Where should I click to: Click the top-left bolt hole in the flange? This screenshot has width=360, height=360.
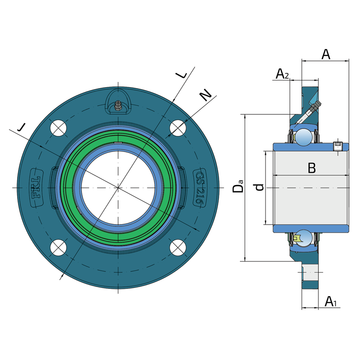tap(58, 128)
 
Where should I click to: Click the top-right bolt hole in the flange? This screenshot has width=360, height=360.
tap(178, 128)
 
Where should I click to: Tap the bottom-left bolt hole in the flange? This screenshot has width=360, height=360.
tap(58, 247)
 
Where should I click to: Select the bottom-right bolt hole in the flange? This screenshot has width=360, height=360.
tap(178, 247)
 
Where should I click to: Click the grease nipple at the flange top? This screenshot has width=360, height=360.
tap(118, 106)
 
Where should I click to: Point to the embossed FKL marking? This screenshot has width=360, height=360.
tap(36, 187)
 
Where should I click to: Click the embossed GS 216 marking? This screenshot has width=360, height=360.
tap(200, 188)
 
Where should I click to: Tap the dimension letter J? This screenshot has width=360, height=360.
tap(21, 127)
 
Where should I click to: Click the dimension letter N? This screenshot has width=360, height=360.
tap(205, 95)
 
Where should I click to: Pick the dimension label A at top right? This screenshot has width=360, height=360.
tap(326, 55)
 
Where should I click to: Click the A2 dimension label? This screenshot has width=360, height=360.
tap(282, 73)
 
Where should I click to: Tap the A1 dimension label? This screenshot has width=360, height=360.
tap(331, 301)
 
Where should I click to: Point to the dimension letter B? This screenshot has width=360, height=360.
tap(311, 168)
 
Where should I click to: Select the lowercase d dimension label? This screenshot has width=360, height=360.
tap(259, 187)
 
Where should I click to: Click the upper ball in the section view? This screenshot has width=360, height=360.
tap(304, 137)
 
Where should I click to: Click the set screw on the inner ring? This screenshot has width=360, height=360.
tap(337, 146)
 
